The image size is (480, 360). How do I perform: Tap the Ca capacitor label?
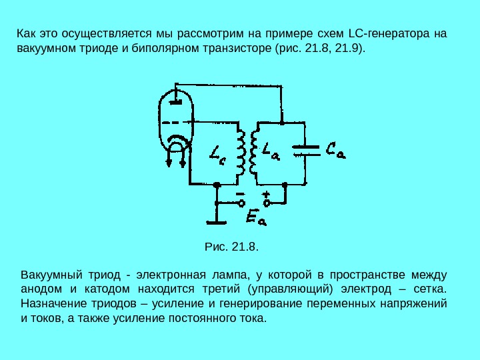[336, 151]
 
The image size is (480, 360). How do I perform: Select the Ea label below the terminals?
[256, 216]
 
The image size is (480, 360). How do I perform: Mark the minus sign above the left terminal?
[240, 193]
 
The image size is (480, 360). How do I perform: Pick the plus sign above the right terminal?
[265, 193]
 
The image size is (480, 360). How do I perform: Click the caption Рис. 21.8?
[231, 247]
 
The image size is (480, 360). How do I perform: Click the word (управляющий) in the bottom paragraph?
[289, 289]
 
